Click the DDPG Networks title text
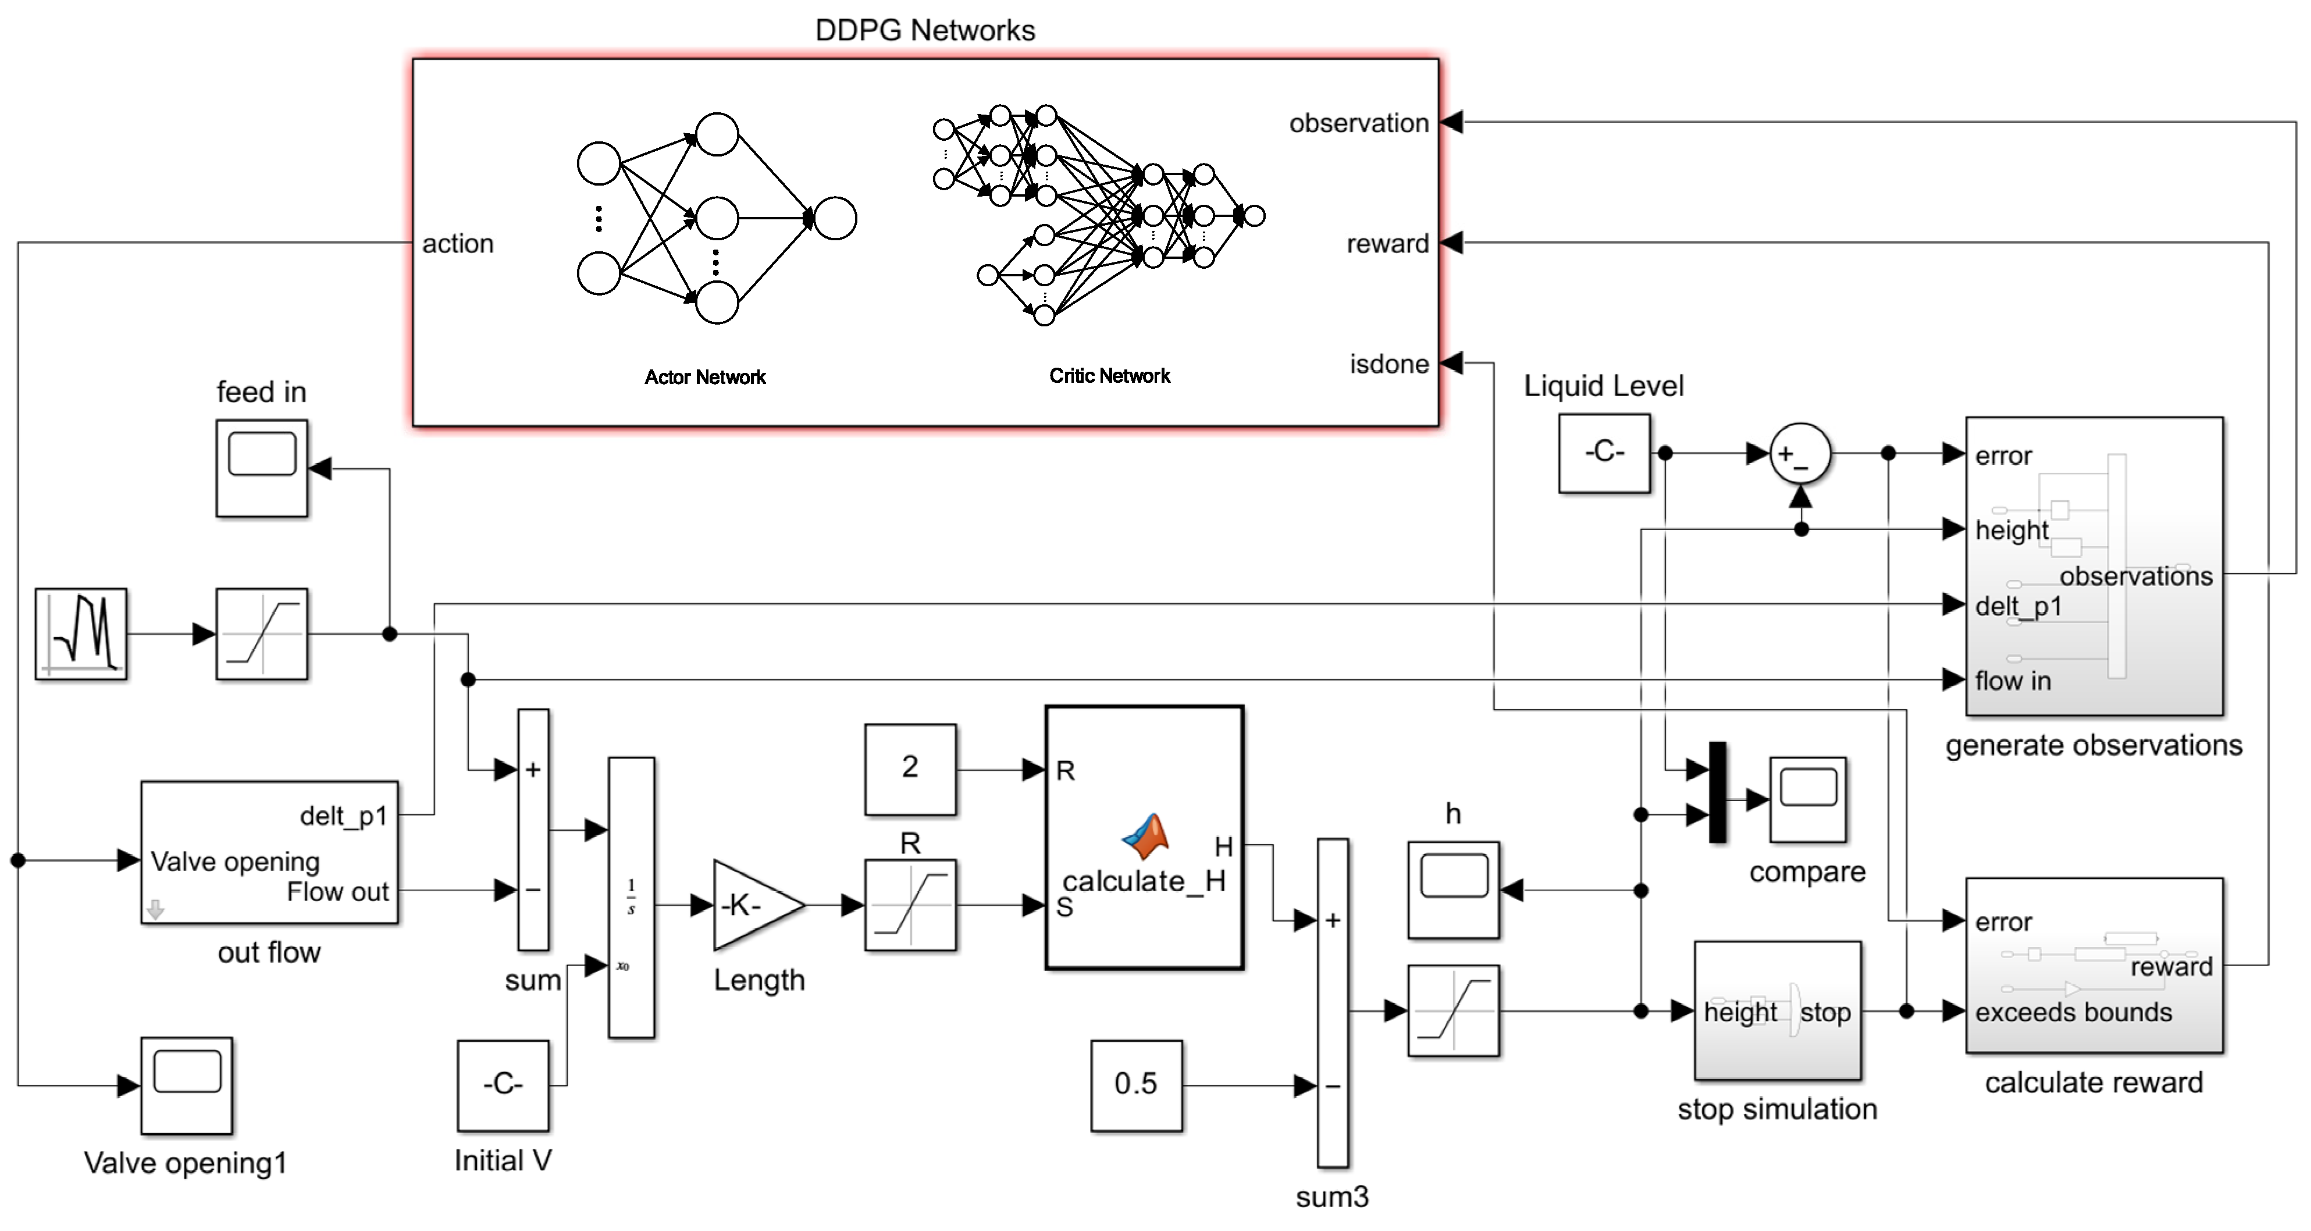pos(924,30)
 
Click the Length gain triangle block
pos(754,905)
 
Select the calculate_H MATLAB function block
pos(1144,838)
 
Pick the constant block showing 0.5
pos(1136,1085)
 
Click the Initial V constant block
pos(503,1085)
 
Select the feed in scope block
pos(262,468)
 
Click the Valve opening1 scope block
pos(187,1085)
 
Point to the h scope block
pos(1454,890)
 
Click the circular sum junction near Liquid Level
pos(1800,454)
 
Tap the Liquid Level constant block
pos(1604,453)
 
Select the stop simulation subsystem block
pos(1777,1011)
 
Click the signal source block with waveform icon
pos(81,634)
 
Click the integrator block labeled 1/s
pos(632,897)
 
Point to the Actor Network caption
pos(705,377)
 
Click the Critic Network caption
pos(1110,376)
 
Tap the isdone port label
pos(1389,364)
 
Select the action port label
pos(458,243)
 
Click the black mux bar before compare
pos(1717,792)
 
